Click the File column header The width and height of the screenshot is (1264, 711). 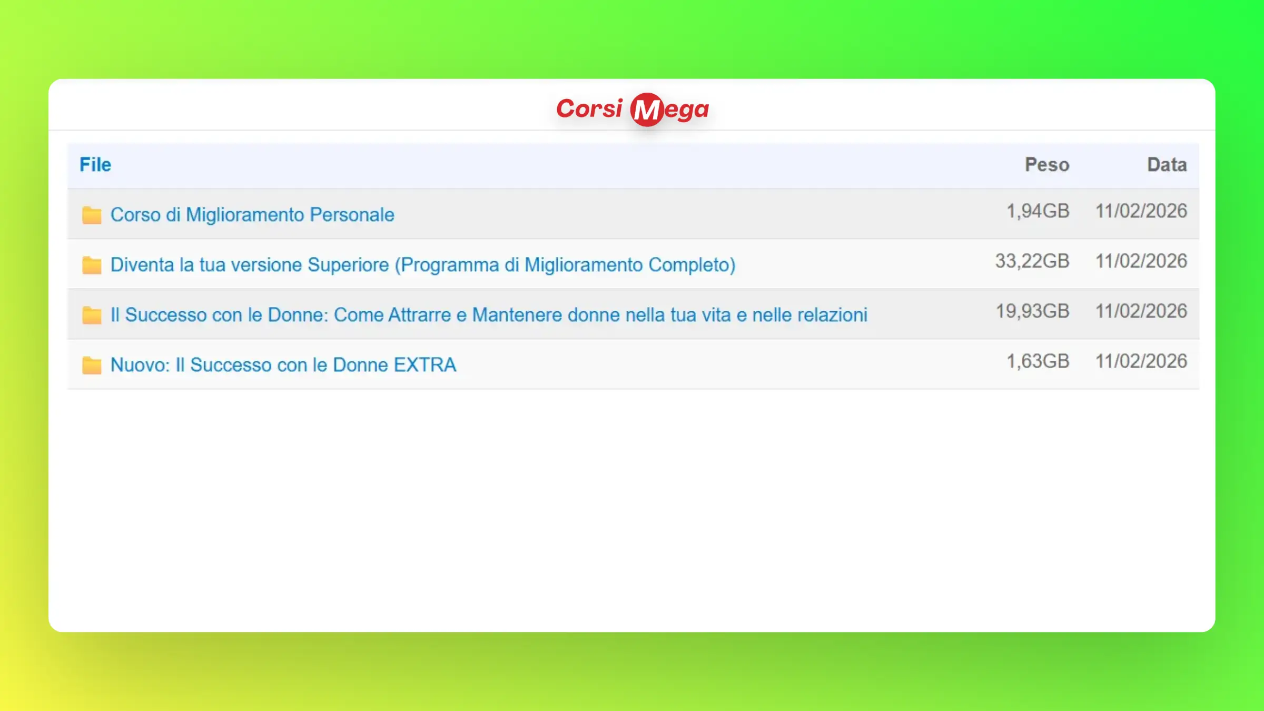pyautogui.click(x=95, y=165)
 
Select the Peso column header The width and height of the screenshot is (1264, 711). pyautogui.click(x=1047, y=165)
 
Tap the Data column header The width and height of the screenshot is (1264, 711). pyautogui.click(x=1167, y=165)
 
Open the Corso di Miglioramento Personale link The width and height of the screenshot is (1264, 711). pyautogui.click(x=252, y=215)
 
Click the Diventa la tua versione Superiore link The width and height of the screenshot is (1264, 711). pyautogui.click(x=423, y=265)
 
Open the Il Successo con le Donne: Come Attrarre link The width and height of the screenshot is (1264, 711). pyautogui.click(x=489, y=315)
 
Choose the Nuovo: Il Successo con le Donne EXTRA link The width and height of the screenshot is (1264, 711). pyautogui.click(x=283, y=365)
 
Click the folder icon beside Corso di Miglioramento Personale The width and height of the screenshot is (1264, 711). pyautogui.click(x=92, y=215)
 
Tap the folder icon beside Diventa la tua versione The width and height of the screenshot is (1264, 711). pyautogui.click(x=92, y=265)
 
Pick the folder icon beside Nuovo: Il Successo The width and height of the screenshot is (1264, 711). pyautogui.click(x=92, y=365)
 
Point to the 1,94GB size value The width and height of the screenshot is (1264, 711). pyautogui.click(x=1038, y=211)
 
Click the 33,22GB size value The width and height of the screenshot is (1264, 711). pyautogui.click(x=1032, y=261)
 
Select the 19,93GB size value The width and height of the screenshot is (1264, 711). pyautogui.click(x=1032, y=311)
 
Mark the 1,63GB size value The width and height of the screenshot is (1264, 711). pyautogui.click(x=1038, y=361)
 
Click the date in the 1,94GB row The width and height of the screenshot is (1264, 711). pyautogui.click(x=1141, y=211)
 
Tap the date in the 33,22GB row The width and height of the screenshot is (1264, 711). pyautogui.click(x=1141, y=261)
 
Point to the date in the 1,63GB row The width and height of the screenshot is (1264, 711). pyautogui.click(x=1141, y=361)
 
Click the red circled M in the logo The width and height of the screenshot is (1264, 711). pyautogui.click(x=647, y=110)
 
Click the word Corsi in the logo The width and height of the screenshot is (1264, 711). pyautogui.click(x=589, y=108)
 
